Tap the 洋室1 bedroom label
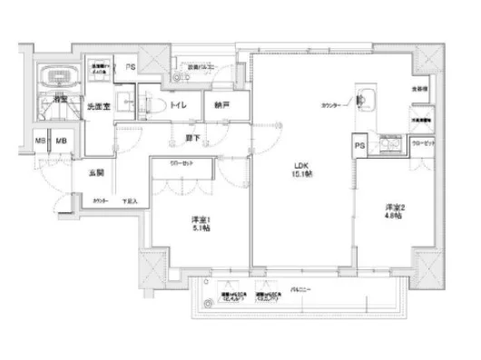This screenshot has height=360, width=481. tap(201, 224)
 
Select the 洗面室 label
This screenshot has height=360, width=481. tap(98, 107)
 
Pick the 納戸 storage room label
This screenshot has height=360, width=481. tap(221, 105)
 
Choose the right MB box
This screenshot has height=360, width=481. tap(62, 141)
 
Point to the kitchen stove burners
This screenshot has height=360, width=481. tap(393, 146)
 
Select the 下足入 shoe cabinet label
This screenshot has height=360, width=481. tap(129, 201)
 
